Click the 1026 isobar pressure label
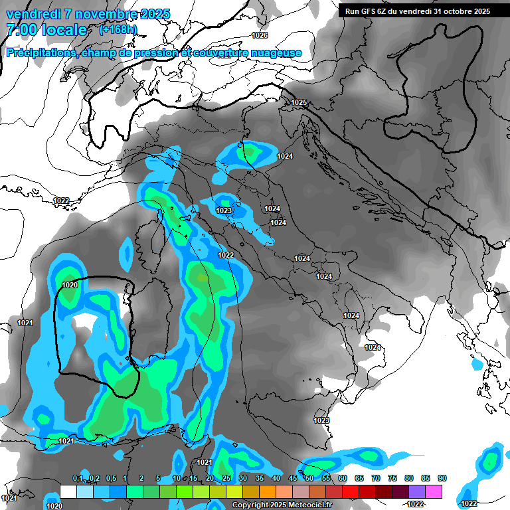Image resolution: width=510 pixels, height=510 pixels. point(260,35)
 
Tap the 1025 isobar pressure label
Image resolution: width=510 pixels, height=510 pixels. point(299,102)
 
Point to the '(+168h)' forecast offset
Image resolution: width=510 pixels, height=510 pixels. point(118,30)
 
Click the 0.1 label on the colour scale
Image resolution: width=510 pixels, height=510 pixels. point(78,479)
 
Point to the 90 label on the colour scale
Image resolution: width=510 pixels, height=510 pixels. point(442,479)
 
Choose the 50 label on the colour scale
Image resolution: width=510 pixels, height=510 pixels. point(309,479)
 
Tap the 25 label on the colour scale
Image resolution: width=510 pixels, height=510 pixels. point(226,479)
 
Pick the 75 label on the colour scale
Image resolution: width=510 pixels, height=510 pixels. point(392,479)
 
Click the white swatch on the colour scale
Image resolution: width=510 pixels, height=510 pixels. point(68,491)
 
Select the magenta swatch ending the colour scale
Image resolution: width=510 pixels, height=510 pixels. point(434,491)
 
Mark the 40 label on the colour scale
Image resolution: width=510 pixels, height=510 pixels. point(276,479)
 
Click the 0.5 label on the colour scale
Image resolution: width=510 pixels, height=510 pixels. point(110,479)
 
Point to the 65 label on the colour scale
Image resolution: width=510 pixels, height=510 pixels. point(359,479)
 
